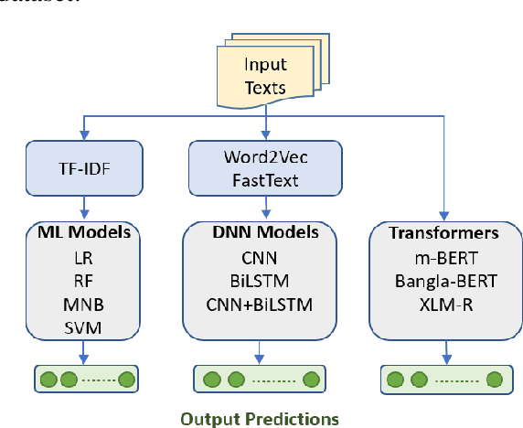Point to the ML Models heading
pyautogui.click(x=84, y=233)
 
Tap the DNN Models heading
pyautogui.click(x=264, y=233)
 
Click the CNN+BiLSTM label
pyautogui.click(x=264, y=303)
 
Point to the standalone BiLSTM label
pyautogui.click(x=264, y=280)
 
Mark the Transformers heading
pyautogui.click(x=444, y=233)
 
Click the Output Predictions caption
pyautogui.click(x=260, y=418)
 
